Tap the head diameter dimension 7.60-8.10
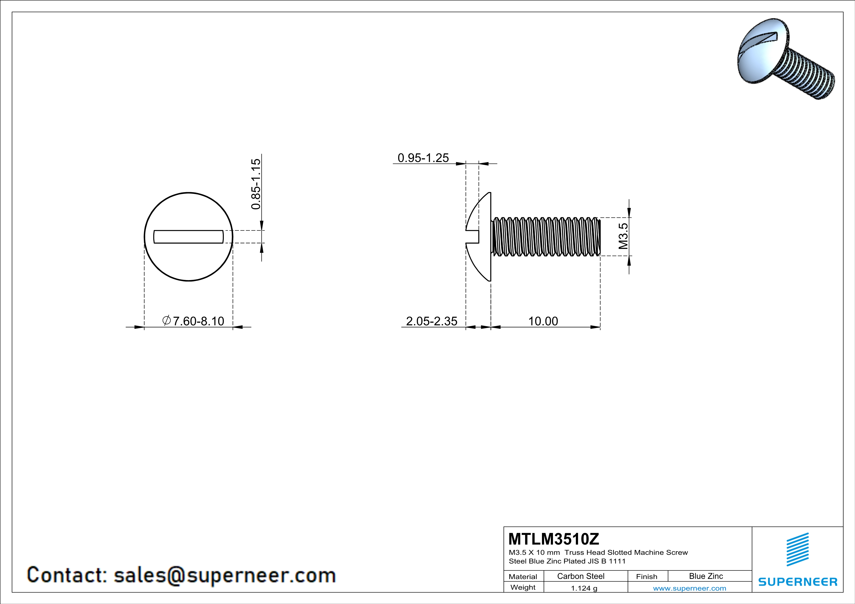coord(198,321)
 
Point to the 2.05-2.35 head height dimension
coord(431,321)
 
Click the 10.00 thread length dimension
coord(543,321)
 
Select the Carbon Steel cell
coord(580,576)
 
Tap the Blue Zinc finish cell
coord(706,576)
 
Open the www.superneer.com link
coord(689,588)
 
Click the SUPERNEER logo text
coord(798,582)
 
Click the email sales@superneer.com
coord(225,575)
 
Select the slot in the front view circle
coord(188,236)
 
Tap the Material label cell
coord(523,576)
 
